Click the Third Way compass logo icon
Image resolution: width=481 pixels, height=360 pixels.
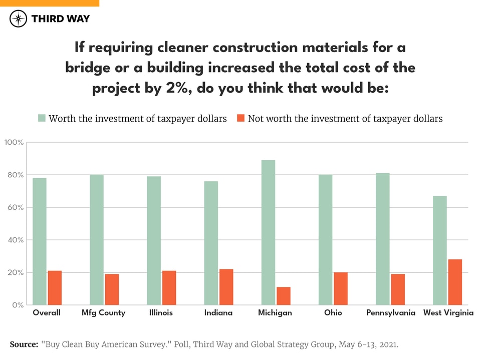18,19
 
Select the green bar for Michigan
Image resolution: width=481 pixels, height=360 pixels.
269,232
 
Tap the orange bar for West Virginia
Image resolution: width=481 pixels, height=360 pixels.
455,282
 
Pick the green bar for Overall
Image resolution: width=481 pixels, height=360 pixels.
40,241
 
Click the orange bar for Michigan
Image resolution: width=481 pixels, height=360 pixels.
283,296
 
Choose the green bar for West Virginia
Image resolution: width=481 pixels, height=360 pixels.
440,250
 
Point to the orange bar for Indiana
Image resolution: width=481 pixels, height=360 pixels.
226,287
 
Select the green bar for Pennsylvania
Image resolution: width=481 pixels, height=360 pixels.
383,239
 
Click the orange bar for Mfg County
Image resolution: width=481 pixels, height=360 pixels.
112,289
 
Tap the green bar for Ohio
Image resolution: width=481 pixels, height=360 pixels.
326,240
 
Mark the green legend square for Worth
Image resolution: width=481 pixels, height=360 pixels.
42,119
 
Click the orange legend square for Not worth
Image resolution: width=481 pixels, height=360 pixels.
241,119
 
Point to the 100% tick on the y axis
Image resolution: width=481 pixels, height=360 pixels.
14,143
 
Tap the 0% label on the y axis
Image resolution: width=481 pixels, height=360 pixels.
17,305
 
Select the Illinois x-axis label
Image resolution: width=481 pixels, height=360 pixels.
161,313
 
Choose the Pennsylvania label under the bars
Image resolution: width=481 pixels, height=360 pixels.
390,313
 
